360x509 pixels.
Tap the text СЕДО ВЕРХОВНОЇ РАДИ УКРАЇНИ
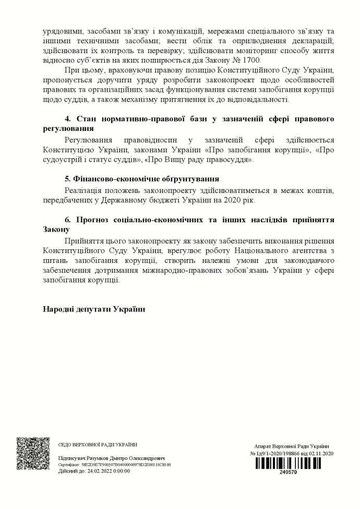point(98,445)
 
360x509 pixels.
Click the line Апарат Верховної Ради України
point(292,446)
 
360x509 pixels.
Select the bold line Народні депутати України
point(94,309)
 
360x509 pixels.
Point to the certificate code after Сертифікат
point(126,464)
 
